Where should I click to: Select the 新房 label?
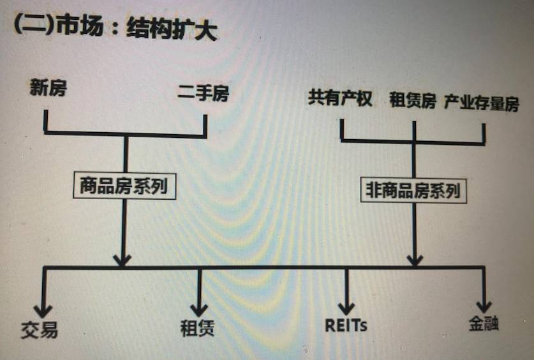(48, 88)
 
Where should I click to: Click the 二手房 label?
(203, 94)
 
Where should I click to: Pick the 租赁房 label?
(413, 100)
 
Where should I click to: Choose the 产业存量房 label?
(482, 102)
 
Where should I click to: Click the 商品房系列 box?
(124, 186)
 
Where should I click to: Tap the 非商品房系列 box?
(413, 190)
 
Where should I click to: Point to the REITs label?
(346, 326)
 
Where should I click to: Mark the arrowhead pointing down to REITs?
(346, 307)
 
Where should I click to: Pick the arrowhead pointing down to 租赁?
(199, 309)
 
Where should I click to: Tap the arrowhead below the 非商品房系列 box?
(414, 259)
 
